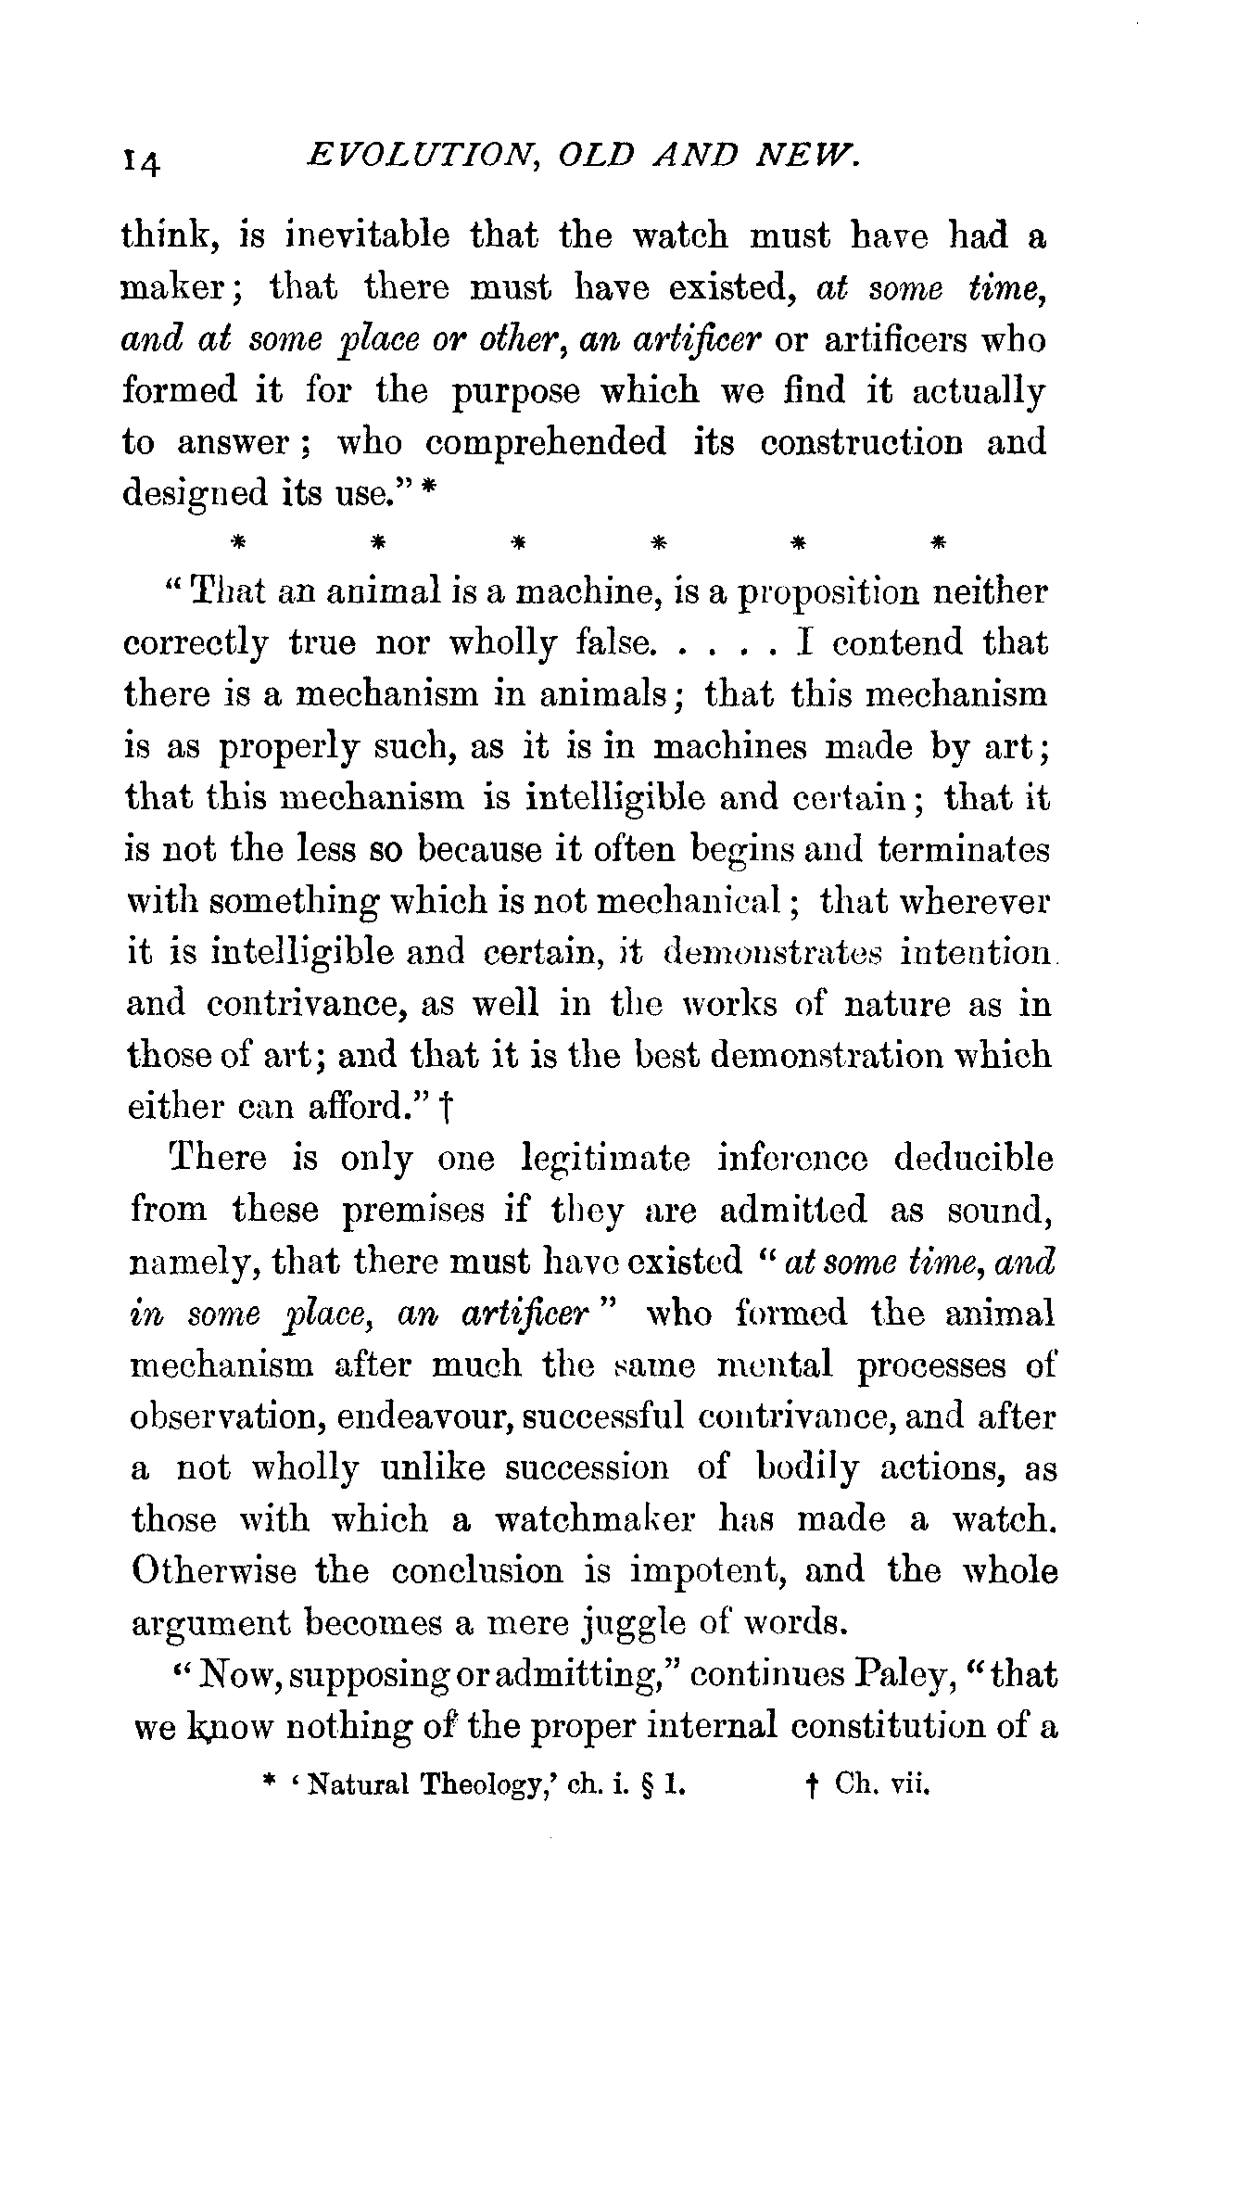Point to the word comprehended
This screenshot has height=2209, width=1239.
pos(546,442)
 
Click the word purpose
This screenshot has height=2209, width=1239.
pos(516,390)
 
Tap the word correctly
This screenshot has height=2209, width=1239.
pos(195,643)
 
